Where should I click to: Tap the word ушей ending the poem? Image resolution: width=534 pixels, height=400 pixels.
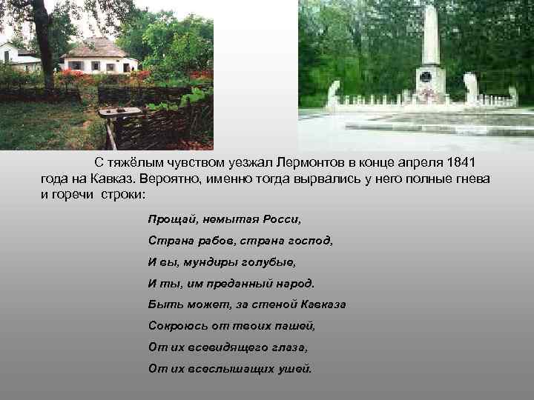click(294, 368)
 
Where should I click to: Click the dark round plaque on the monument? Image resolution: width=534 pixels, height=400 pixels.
click(425, 77)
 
